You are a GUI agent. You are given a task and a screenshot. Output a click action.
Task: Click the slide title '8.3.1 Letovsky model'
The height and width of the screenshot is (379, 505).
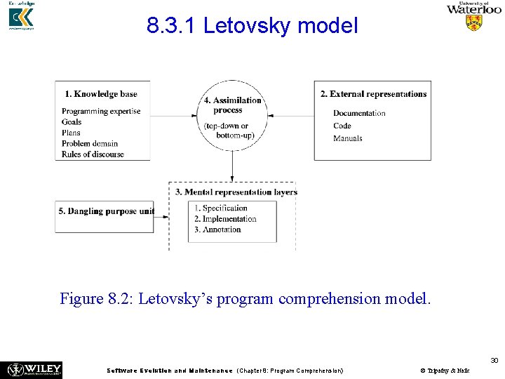(252, 27)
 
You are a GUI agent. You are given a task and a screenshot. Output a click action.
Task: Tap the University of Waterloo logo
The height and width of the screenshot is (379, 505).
(474, 16)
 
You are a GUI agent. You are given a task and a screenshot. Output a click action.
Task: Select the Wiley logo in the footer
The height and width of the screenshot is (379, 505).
(34, 369)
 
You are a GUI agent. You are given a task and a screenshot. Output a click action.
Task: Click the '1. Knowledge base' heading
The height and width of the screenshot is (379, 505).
(100, 94)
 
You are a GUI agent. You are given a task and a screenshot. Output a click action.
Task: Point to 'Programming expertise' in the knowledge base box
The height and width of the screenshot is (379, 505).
(101, 112)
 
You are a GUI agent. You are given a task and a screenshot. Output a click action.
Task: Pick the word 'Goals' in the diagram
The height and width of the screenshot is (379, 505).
(71, 122)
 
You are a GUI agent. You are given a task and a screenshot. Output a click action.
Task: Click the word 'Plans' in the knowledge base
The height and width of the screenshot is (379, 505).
(71, 133)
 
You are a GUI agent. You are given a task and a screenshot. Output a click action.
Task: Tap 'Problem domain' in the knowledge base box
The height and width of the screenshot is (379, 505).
(90, 144)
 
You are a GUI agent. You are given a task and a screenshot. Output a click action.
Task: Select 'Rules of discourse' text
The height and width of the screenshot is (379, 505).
(93, 154)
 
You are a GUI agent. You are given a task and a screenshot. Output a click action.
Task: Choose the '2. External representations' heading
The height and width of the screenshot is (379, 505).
(373, 94)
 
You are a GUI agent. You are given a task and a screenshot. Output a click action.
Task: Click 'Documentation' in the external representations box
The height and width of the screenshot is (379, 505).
(359, 114)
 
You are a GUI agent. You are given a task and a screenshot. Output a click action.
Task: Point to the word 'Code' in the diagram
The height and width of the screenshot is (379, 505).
(342, 126)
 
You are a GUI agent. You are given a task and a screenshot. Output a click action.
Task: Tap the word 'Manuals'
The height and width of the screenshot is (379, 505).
(348, 138)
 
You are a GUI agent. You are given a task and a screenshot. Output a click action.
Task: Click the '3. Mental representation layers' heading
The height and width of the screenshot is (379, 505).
(236, 192)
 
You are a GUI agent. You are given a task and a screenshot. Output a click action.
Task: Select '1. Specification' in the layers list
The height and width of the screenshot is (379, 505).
(221, 208)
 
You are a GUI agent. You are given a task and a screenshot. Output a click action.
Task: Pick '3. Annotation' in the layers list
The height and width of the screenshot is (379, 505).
(217, 230)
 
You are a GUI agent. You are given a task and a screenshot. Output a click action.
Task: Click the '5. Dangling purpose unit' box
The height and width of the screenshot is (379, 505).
(107, 211)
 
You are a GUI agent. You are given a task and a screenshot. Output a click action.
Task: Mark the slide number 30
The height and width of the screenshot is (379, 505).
(494, 360)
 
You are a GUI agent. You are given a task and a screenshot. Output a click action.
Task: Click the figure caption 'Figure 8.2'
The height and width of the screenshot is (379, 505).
(245, 299)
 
